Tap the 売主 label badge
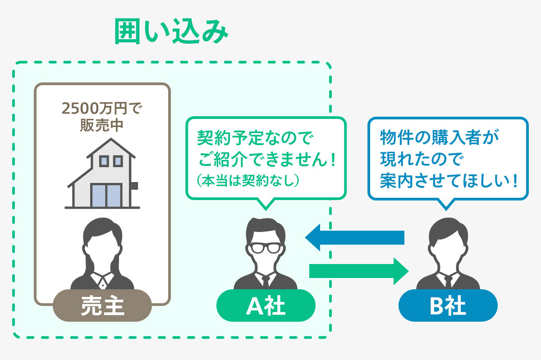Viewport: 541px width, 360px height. pyautogui.click(x=102, y=306)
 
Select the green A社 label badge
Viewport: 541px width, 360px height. pyautogui.click(x=266, y=306)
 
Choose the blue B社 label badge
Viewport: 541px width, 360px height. pyautogui.click(x=448, y=306)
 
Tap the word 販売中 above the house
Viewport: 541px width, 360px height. pyautogui.click(x=102, y=125)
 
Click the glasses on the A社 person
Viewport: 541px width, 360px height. pyautogui.click(x=266, y=248)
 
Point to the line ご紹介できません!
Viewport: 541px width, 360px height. pyautogui.click(x=267, y=159)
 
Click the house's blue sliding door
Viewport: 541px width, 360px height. pyautogui.click(x=105, y=195)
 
